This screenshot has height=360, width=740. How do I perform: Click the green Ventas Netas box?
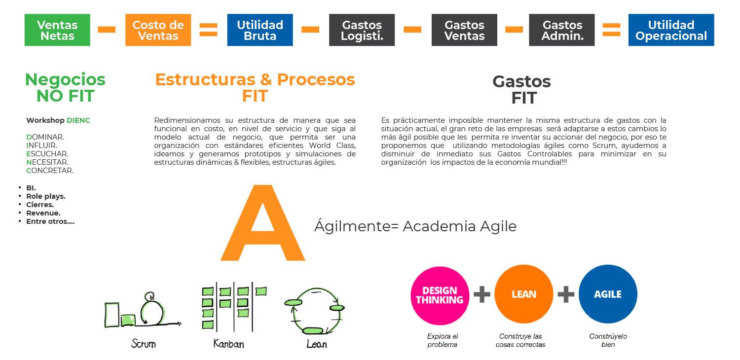(57, 30)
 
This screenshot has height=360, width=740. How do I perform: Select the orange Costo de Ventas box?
(158, 30)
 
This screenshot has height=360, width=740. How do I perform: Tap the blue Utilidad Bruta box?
(259, 30)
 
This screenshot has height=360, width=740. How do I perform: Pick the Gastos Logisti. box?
(362, 30)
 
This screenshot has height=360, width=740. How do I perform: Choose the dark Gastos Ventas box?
(464, 30)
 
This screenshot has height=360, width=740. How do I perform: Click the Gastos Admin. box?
(561, 30)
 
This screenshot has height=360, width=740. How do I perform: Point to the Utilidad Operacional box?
(671, 30)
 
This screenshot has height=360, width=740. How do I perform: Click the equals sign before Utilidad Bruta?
(209, 30)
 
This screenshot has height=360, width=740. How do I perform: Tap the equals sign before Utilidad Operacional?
(611, 30)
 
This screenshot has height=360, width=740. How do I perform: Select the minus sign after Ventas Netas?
(107, 30)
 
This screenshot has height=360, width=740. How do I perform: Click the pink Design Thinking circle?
(440, 295)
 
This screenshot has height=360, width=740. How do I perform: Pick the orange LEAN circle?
(523, 294)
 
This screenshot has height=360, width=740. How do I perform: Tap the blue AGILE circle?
(608, 294)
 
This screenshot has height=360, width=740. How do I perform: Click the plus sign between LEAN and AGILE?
(566, 295)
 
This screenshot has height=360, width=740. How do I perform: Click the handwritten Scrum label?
(144, 343)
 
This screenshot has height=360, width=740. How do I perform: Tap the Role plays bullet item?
(45, 196)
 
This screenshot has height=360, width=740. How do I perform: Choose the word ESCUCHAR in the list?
(47, 153)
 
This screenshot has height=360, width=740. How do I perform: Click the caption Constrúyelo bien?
(608, 340)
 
